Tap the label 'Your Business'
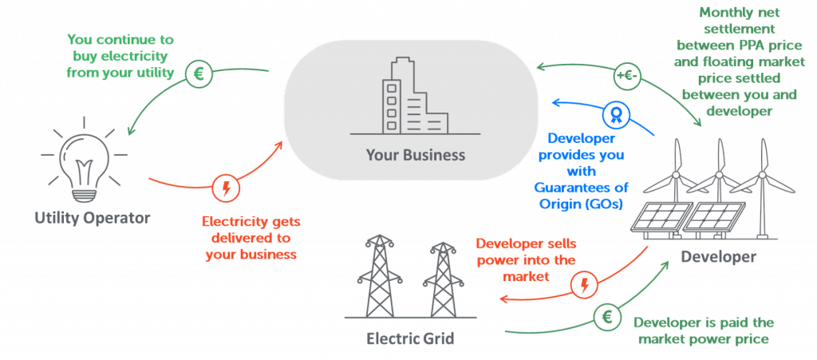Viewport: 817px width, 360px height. [x=415, y=155]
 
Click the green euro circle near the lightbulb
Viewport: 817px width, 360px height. [x=198, y=75]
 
